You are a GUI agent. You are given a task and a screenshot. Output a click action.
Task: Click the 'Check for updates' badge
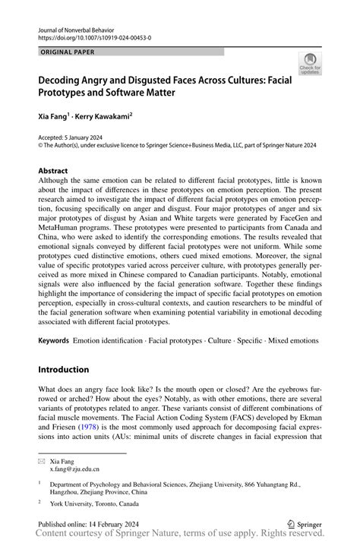coord(309,63)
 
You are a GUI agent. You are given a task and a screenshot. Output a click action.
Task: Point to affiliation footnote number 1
coord(40,482)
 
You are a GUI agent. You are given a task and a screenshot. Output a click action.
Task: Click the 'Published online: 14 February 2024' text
coord(97,524)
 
